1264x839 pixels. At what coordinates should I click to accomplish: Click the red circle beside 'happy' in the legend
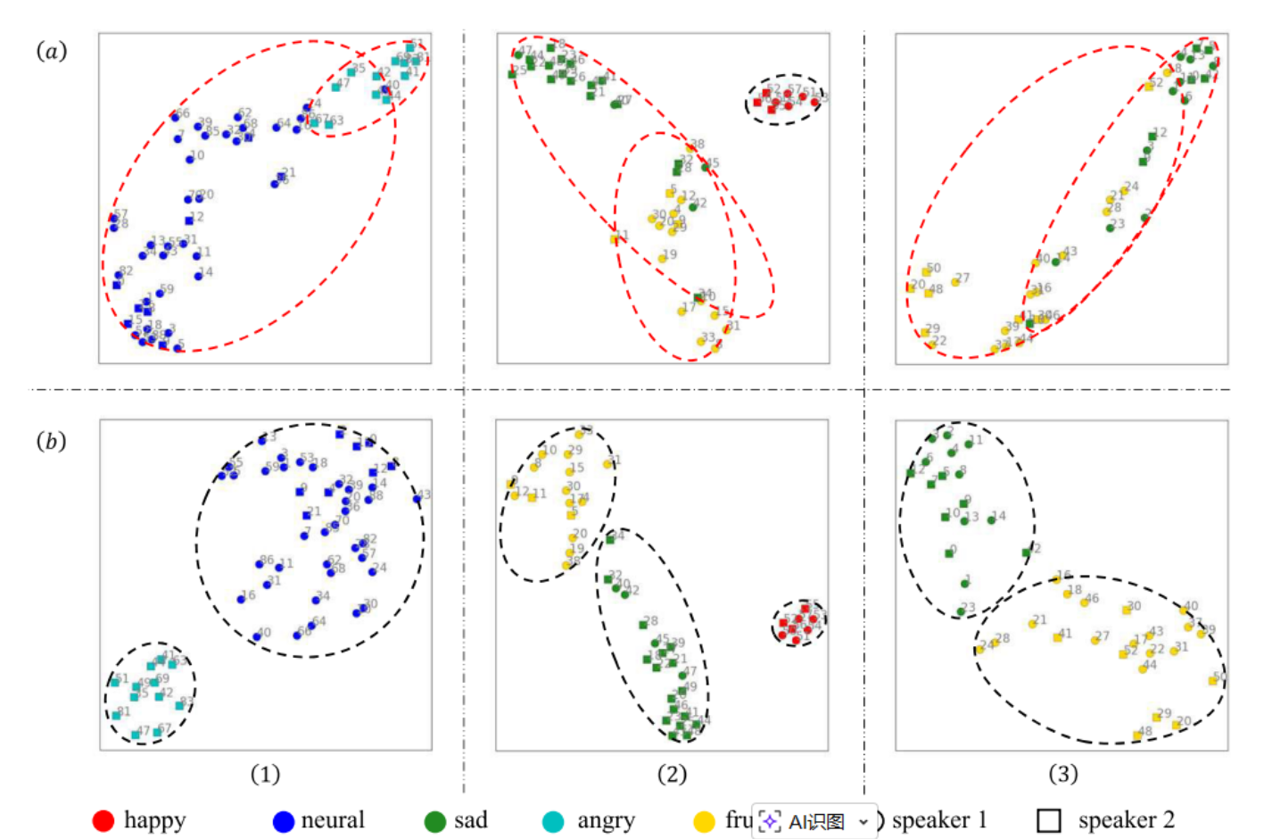tap(103, 820)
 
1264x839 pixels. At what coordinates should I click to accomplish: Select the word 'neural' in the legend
tap(333, 820)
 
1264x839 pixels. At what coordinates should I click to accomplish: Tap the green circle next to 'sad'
tap(435, 821)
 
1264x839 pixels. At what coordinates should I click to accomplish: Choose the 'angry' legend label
tap(606, 820)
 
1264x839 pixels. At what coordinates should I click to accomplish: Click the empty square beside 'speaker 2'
tap(1049, 820)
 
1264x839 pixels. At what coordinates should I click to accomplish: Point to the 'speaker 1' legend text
tap(939, 820)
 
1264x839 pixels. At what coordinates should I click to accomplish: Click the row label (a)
tap(52, 51)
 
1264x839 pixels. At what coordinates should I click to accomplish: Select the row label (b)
tap(52, 441)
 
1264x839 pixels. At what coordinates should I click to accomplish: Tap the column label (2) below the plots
tap(672, 774)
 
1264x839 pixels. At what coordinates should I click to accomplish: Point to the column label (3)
tap(1062, 774)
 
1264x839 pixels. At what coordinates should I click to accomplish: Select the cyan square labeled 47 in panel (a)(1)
tap(336, 87)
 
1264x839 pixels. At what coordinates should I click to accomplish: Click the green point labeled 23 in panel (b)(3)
tap(962, 611)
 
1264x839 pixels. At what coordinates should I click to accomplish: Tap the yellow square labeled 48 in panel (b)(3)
tap(1137, 735)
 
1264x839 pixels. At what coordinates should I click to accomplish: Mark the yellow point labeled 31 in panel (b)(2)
tap(607, 464)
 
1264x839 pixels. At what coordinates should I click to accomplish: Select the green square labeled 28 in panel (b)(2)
tap(643, 625)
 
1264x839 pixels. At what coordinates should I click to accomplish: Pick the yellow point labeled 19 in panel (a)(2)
tap(663, 259)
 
